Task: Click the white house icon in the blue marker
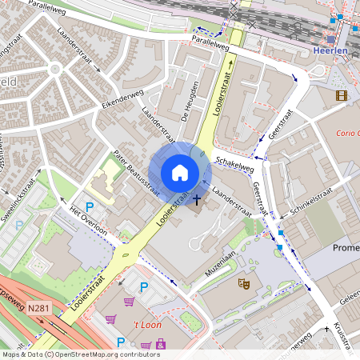point(180,172)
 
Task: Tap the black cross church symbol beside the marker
point(197,198)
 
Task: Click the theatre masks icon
point(243,282)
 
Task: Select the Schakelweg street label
point(234,164)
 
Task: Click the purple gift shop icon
point(161,344)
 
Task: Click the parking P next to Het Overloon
point(78,207)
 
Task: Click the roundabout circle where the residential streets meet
point(54,70)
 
